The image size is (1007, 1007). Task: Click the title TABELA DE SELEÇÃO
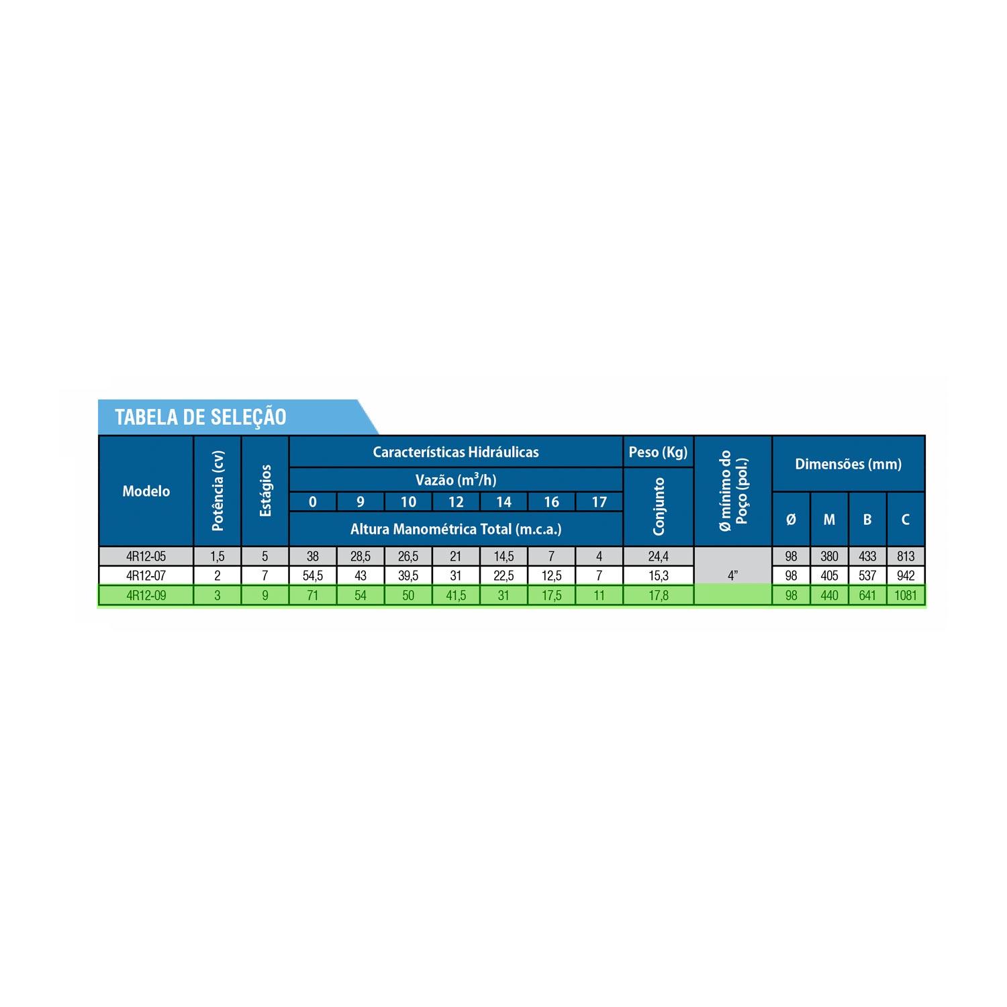tap(201, 417)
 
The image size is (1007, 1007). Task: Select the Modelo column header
tap(146, 491)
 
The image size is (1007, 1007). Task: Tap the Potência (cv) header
tap(218, 491)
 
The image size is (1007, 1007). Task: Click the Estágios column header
tap(265, 491)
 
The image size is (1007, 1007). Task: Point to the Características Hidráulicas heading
tap(456, 452)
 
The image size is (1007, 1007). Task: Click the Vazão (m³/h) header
tap(456, 479)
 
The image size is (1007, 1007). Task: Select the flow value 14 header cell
tap(503, 501)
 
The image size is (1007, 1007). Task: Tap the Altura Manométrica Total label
tap(456, 529)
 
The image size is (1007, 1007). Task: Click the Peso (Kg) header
tap(658, 452)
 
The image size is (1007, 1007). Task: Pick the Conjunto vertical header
tap(658, 507)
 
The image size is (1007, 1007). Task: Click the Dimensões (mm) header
tap(849, 464)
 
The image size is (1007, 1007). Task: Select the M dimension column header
tap(829, 519)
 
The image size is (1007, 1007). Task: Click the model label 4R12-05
tap(146, 556)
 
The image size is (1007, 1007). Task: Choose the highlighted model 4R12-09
tap(146, 595)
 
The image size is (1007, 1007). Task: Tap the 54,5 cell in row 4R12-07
tap(312, 575)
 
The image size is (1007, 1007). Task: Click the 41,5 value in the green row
tap(456, 595)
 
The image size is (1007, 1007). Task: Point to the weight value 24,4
tap(658, 556)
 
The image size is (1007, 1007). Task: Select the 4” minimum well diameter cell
tap(733, 575)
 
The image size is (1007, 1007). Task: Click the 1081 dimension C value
tap(906, 595)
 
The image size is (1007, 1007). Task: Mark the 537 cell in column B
tap(867, 575)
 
